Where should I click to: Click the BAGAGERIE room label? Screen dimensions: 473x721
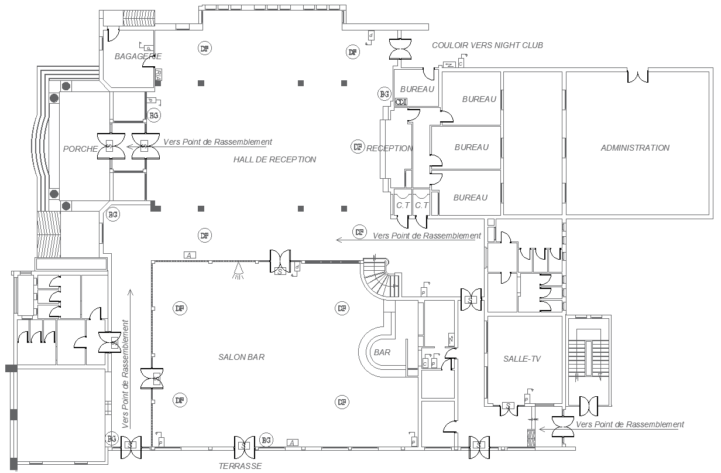click(138, 56)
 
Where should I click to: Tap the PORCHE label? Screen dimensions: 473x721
click(80, 149)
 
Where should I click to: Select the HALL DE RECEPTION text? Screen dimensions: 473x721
click(274, 159)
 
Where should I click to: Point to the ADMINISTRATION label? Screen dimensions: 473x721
click(635, 148)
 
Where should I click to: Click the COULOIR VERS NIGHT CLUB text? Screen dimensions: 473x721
click(487, 45)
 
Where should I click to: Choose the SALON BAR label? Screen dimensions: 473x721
click(241, 357)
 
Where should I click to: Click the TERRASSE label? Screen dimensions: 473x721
click(240, 466)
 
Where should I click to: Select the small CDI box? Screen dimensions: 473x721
click(401, 102)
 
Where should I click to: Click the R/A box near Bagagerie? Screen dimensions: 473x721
click(159, 74)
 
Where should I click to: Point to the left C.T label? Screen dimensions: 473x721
click(402, 206)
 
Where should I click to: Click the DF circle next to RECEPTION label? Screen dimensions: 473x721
click(358, 147)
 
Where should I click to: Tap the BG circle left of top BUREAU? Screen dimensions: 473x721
click(384, 94)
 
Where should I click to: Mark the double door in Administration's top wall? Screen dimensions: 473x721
click(637, 76)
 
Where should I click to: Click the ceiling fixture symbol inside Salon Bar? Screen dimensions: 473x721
click(238, 271)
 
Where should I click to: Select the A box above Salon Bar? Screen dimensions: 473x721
click(189, 255)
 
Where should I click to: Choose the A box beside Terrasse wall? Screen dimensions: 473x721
click(292, 442)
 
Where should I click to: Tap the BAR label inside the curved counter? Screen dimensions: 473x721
click(382, 352)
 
